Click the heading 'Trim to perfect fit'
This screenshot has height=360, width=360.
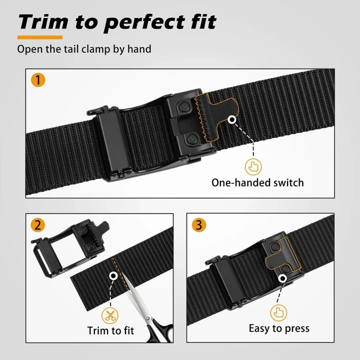(x=116, y=22)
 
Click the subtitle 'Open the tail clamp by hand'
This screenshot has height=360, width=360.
(x=84, y=49)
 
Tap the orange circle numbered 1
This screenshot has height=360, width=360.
(x=38, y=80)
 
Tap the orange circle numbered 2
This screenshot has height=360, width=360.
(x=38, y=226)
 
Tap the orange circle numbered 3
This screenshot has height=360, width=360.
(x=199, y=226)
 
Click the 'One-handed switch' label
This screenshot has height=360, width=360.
(x=257, y=182)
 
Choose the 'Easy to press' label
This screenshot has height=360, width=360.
(x=279, y=328)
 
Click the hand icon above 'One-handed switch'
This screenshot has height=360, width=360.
(x=253, y=166)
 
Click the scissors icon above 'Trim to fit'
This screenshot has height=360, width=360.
(x=110, y=313)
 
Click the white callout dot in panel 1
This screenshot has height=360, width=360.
(x=232, y=120)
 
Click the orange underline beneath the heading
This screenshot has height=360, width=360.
(x=39, y=37)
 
